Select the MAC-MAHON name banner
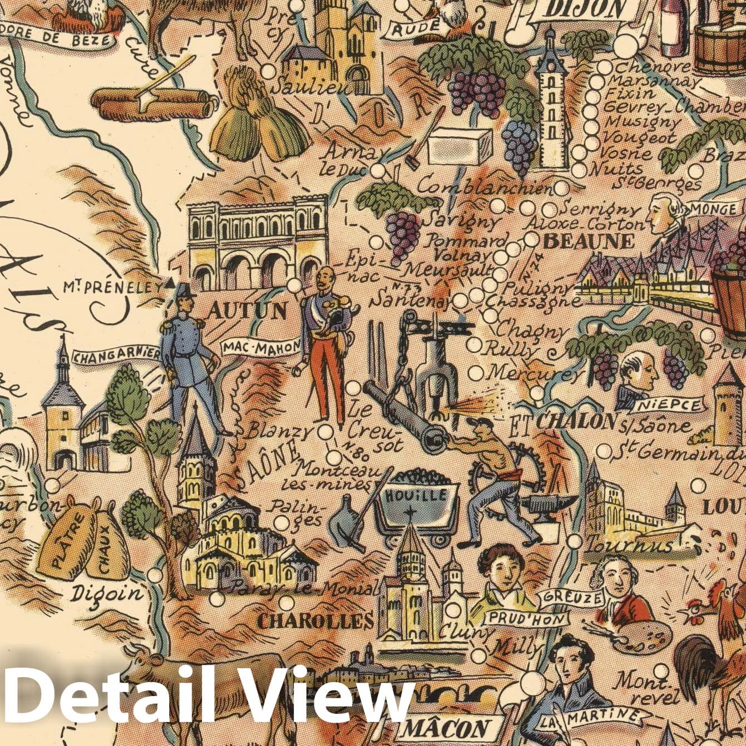click(261, 348)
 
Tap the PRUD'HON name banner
click(527, 618)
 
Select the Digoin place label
click(107, 594)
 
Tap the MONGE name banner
click(712, 209)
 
